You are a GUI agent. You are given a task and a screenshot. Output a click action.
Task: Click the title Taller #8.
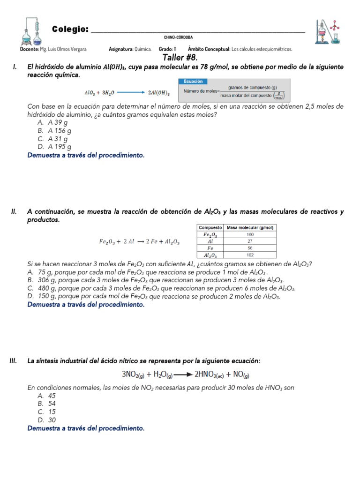point(180,57)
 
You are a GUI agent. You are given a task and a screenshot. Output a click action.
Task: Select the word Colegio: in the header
point(70,30)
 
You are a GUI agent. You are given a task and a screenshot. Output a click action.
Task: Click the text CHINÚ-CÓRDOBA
point(178,37)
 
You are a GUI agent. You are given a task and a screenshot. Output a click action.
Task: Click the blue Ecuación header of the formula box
point(193,81)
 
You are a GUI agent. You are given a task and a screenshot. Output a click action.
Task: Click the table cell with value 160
point(250,234)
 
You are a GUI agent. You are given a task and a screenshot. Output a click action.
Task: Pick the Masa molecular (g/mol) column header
point(250,227)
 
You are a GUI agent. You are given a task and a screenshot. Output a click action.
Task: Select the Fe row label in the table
point(210,248)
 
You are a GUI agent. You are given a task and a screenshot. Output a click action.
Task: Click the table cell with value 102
point(250,255)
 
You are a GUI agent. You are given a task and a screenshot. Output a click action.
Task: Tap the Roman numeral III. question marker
point(14,360)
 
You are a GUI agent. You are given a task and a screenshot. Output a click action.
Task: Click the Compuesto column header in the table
point(210,227)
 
